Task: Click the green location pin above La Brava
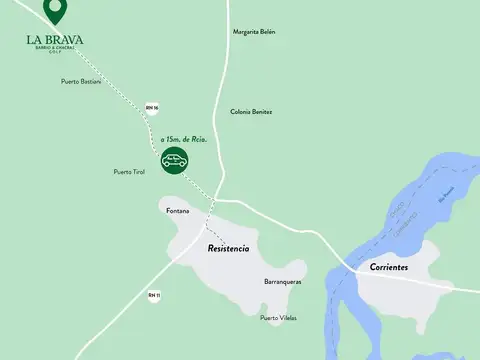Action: [x=57, y=13]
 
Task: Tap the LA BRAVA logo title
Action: [x=56, y=39]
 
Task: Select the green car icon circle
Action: [x=174, y=160]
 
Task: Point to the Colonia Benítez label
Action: [x=251, y=111]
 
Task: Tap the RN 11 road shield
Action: [x=153, y=295]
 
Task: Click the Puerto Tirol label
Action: [x=130, y=172]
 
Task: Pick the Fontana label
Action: [x=178, y=210]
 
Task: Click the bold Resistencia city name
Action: [x=228, y=247]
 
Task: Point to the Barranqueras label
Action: [x=283, y=282]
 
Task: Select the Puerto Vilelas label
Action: [x=278, y=318]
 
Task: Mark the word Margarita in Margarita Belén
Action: [x=243, y=31]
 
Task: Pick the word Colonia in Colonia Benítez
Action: [x=241, y=111]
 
